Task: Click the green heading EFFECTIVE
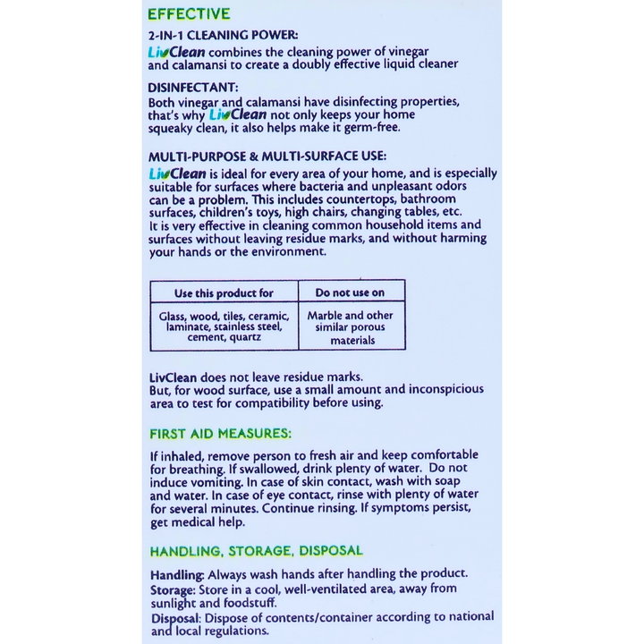[x=189, y=14]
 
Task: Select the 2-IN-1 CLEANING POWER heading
[x=211, y=36]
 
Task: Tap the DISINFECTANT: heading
[x=192, y=88]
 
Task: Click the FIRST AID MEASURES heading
[x=219, y=434]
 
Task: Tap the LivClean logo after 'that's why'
[x=237, y=114]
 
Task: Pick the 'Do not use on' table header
[x=350, y=292]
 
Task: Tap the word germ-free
[x=373, y=128]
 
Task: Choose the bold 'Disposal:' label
[x=175, y=617]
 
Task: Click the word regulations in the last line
[x=235, y=630]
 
